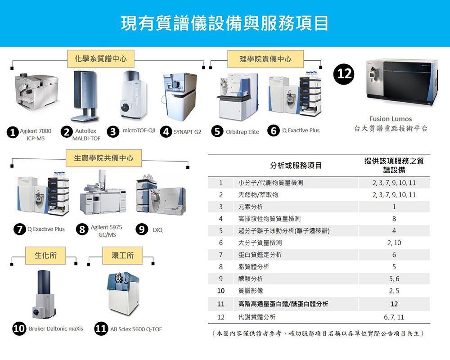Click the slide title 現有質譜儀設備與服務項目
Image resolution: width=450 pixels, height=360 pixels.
[x=225, y=23]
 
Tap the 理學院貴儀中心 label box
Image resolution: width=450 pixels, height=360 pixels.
[x=265, y=59]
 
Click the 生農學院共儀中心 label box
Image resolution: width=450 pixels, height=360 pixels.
[x=103, y=158]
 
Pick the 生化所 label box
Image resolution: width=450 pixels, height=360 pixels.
[x=45, y=255]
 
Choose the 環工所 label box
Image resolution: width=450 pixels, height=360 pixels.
[x=122, y=255]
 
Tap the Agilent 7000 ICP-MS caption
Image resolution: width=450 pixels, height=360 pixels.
[x=36, y=135]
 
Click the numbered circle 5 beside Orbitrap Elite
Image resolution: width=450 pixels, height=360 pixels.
[x=218, y=131]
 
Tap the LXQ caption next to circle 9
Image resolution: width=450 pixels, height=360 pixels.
[x=157, y=229]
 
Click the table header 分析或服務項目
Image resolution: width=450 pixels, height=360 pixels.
[x=296, y=166]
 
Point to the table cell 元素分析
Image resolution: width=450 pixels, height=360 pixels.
[x=251, y=207]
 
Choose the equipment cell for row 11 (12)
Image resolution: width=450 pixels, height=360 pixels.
[x=394, y=304]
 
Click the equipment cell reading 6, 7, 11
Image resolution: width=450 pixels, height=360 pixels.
[x=394, y=317]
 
